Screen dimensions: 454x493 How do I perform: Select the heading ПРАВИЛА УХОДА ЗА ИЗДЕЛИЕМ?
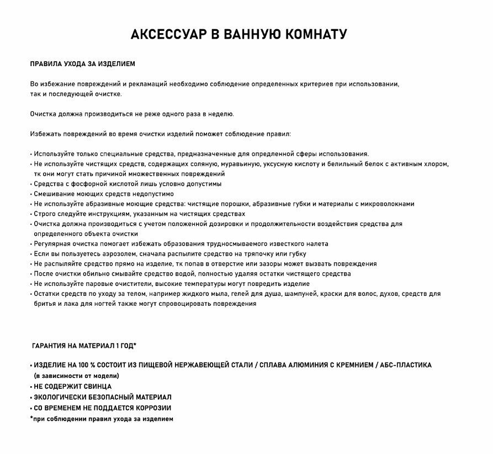tap(82, 64)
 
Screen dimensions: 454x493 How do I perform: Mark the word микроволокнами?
tap(386, 204)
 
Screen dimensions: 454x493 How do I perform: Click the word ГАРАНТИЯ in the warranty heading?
tap(49, 346)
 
